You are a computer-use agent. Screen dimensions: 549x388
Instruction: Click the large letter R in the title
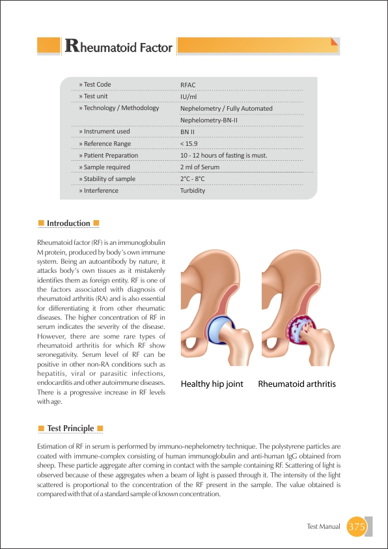72,46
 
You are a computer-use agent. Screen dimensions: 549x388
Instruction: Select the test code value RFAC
189,85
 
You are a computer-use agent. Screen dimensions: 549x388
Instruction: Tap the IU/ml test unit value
189,96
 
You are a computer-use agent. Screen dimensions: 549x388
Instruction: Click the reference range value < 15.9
189,143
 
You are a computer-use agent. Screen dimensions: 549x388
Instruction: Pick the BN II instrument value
188,132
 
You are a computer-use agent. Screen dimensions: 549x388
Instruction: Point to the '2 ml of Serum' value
201,167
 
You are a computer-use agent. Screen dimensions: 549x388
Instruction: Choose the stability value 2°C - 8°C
193,179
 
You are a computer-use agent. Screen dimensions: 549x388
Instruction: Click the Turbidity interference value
193,191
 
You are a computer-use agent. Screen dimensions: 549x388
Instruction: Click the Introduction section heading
68,223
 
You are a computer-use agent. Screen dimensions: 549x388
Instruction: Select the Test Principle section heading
70,428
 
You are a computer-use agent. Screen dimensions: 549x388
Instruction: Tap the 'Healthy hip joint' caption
212,384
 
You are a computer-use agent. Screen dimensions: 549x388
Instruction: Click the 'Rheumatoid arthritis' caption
297,384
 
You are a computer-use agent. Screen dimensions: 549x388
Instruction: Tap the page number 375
357,526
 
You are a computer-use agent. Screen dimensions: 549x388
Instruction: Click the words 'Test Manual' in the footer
324,526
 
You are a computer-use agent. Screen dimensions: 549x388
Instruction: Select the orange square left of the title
49,46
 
